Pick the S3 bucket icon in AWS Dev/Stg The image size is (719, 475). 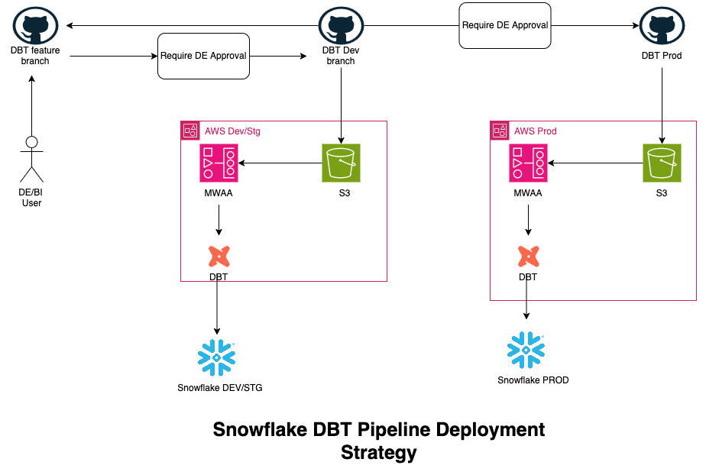(341, 163)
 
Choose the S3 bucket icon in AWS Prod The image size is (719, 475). (661, 163)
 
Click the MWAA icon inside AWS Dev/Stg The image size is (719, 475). (219, 163)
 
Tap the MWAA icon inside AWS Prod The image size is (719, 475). (528, 163)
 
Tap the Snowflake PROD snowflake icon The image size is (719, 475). (526, 349)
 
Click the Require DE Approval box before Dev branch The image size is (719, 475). (203, 56)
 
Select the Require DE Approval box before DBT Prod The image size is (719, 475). (505, 25)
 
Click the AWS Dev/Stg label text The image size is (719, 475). (232, 131)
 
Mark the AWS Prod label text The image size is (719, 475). (536, 131)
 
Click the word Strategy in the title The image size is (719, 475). (379, 453)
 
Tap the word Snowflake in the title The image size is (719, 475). (260, 429)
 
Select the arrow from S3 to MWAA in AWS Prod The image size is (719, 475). (596, 163)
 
